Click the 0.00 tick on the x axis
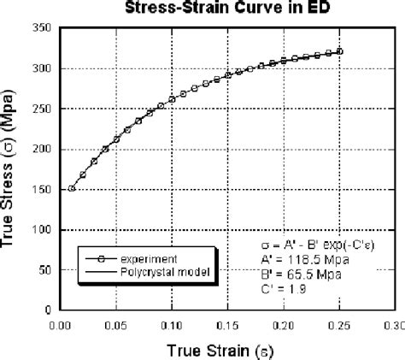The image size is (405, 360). [x=61, y=325]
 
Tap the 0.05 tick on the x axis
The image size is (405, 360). [x=116, y=325]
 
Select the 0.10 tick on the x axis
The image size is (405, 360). [x=172, y=325]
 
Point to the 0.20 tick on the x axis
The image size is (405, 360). [x=283, y=325]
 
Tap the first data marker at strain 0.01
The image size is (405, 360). [x=72, y=188]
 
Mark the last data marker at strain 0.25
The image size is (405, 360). [x=339, y=51]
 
